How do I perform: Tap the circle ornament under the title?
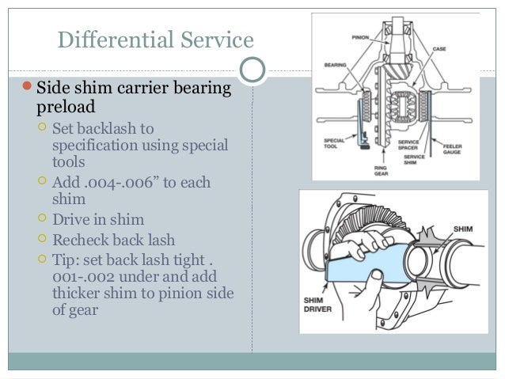coord(252,70)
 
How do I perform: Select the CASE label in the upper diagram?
coord(439,49)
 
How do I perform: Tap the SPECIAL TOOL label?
coord(334,144)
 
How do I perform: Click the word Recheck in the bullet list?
coord(80,238)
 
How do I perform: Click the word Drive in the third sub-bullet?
coord(70,220)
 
